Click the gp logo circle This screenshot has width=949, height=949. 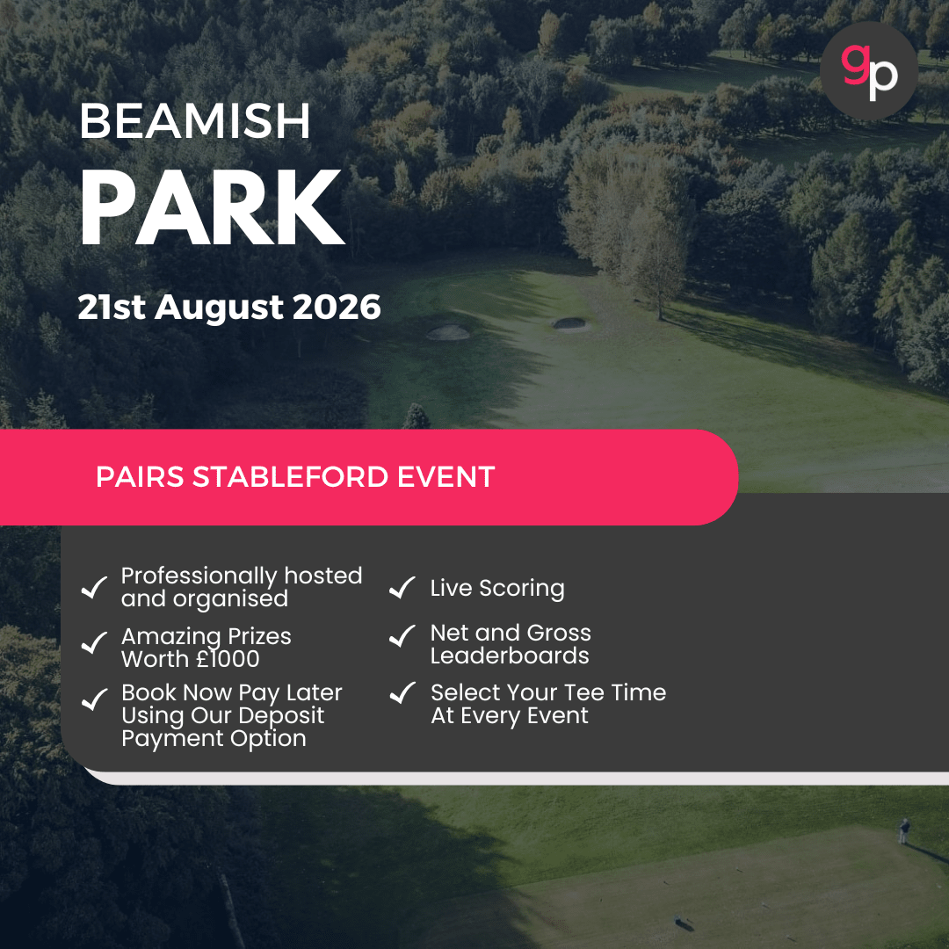868,70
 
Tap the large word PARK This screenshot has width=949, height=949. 211,209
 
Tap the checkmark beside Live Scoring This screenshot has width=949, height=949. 402,588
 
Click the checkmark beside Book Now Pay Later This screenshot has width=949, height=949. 93,699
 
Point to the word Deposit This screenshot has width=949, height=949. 283,715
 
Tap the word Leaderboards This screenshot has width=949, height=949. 510,656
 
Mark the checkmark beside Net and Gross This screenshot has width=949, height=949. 402,636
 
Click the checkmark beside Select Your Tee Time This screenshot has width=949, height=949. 402,692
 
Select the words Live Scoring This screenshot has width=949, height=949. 497,588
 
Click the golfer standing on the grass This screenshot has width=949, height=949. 902,830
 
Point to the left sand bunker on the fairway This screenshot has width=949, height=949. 447,332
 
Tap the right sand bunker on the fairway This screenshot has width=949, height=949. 569,323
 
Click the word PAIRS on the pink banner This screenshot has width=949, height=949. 140,477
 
